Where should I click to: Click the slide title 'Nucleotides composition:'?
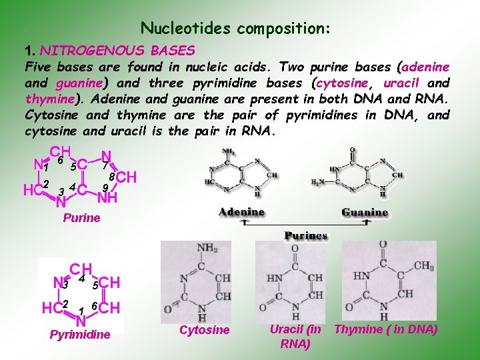click(x=235, y=29)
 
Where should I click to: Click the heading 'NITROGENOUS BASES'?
click(x=117, y=51)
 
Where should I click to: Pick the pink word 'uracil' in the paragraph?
click(x=399, y=83)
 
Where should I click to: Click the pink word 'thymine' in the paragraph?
click(x=49, y=99)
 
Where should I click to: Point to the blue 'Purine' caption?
click(x=81, y=218)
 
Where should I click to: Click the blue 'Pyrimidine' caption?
click(x=80, y=335)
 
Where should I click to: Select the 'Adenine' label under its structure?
click(x=242, y=212)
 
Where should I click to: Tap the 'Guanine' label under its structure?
click(x=365, y=212)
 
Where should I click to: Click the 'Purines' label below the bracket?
click(x=306, y=235)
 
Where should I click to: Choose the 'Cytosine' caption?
click(x=204, y=330)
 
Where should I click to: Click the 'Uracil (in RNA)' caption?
click(x=295, y=335)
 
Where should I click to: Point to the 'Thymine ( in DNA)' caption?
click(x=386, y=329)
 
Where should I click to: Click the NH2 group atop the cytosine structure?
click(x=207, y=248)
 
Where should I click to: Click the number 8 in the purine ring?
click(x=113, y=177)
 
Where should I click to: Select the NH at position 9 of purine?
click(x=107, y=197)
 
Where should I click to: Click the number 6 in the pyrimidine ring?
click(x=95, y=305)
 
